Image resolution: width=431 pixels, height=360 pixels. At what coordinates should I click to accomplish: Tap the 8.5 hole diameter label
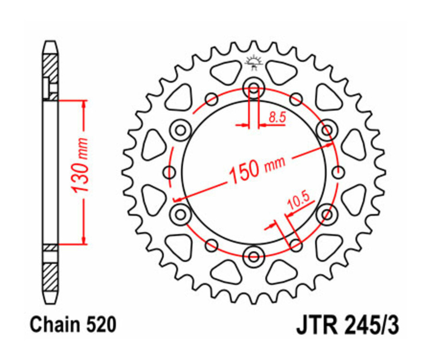(x=275, y=117)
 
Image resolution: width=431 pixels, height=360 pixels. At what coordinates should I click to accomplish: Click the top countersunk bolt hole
(x=254, y=88)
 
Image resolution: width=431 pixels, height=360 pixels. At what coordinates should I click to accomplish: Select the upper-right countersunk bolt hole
(x=327, y=130)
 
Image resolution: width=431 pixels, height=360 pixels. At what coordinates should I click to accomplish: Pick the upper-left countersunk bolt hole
(x=180, y=130)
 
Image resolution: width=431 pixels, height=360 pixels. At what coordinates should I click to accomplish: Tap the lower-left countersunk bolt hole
(x=181, y=213)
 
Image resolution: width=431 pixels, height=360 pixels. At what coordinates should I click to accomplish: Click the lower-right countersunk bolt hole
(x=327, y=213)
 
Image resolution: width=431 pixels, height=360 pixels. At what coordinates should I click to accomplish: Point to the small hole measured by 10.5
(x=296, y=245)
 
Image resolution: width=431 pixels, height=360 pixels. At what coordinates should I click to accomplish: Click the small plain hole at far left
(x=169, y=171)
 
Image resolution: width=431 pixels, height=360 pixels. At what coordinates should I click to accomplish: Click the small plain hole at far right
(x=339, y=171)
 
